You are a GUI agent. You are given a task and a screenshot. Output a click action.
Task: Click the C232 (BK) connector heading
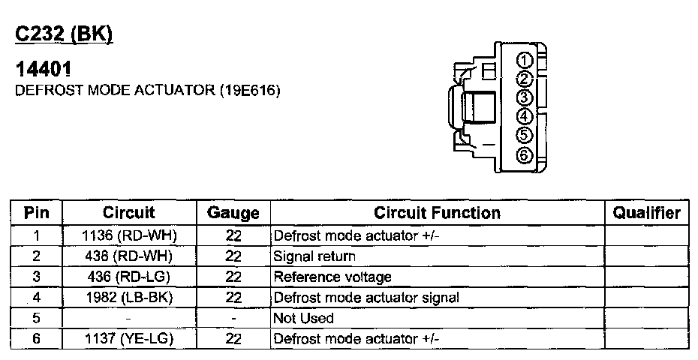[64, 34]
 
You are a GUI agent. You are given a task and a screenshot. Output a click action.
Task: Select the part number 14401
[44, 70]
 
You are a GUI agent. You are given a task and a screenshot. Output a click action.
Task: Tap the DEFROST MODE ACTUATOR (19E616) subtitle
[148, 91]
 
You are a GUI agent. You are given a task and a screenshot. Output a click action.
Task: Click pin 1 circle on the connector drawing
[525, 61]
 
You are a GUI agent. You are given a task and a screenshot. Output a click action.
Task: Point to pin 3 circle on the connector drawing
[525, 97]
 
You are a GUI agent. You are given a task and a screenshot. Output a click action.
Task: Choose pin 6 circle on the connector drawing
[525, 155]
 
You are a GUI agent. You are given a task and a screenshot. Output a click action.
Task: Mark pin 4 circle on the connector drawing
[525, 116]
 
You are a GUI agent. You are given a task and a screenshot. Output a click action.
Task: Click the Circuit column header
[129, 213]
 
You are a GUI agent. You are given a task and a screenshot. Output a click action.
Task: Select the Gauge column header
[233, 213]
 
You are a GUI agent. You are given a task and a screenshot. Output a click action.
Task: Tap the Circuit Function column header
[437, 213]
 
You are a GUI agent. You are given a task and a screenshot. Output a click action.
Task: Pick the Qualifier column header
[646, 213]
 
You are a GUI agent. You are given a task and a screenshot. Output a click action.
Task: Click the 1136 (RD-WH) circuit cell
[129, 235]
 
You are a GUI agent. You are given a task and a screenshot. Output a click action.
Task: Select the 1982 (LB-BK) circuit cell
[129, 298]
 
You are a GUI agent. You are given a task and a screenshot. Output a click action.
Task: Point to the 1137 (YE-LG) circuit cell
[129, 339]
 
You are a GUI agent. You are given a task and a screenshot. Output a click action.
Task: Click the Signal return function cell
[314, 256]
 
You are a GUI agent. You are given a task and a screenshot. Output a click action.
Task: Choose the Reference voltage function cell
[332, 277]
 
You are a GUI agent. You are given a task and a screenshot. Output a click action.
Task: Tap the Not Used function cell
[303, 318]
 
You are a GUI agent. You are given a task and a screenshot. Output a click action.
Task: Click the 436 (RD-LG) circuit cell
[129, 277]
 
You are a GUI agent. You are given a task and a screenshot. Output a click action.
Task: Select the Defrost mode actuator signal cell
[366, 298]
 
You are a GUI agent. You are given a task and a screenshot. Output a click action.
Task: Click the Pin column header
[36, 213]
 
